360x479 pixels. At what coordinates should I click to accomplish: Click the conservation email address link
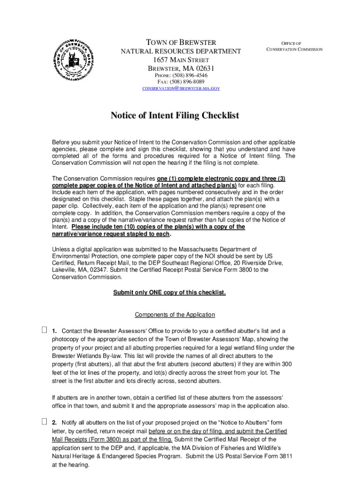click(181, 88)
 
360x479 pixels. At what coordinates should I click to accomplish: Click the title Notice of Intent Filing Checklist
click(175, 116)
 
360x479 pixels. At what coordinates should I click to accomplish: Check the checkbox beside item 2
click(44, 422)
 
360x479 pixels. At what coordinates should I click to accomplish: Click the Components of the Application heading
click(175, 314)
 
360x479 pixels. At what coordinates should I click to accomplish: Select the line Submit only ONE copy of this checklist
click(170, 292)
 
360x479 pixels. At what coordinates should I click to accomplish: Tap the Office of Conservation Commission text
click(294, 46)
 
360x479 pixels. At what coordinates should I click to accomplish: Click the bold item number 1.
click(55, 331)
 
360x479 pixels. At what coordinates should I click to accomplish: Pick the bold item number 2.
click(55, 423)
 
